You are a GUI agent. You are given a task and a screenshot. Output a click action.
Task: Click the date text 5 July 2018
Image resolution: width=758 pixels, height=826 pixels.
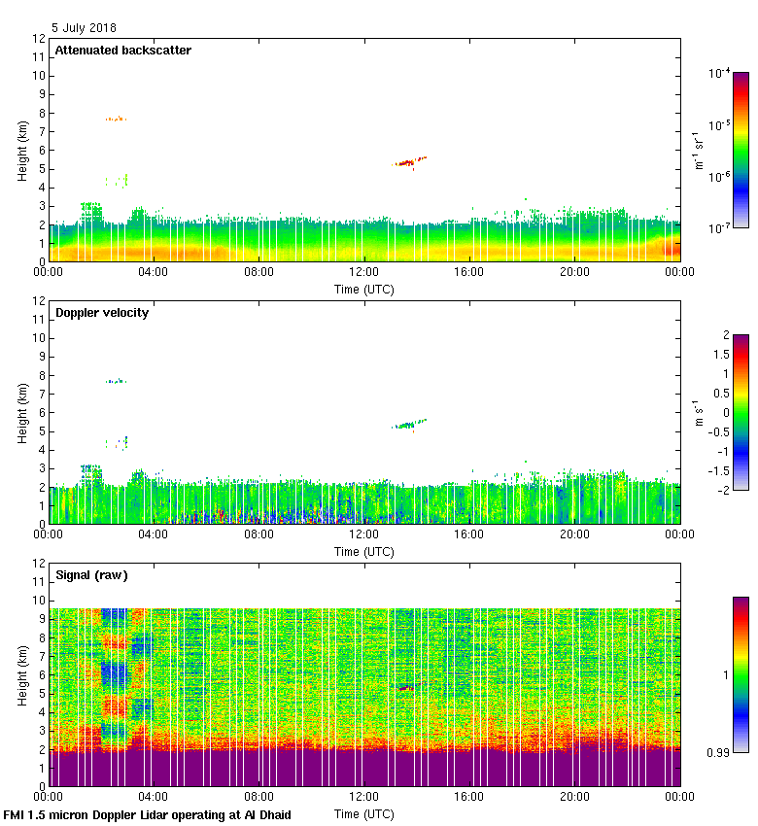85,28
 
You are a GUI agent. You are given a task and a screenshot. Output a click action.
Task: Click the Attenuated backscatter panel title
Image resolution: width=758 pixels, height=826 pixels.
122,51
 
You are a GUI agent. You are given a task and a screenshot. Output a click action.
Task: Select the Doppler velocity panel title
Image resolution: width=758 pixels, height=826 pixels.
101,313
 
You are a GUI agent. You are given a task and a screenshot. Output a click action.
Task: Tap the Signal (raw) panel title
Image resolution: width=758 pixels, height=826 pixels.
91,575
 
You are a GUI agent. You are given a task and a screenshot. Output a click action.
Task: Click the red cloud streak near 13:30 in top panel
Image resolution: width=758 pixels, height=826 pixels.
406,162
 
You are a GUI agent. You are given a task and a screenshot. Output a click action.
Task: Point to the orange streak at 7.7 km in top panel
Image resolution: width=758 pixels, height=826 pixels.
116,119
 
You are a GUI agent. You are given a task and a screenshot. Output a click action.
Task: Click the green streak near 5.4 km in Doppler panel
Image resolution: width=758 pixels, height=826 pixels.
409,424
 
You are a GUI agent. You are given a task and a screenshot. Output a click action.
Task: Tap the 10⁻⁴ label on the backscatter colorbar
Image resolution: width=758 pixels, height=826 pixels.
720,73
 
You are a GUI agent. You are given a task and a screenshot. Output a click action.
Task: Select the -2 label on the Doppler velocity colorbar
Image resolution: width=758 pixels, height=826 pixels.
725,489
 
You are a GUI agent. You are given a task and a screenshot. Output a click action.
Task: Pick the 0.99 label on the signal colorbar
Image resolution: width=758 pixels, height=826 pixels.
717,751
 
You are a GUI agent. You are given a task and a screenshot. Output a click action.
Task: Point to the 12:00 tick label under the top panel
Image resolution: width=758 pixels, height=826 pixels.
363,272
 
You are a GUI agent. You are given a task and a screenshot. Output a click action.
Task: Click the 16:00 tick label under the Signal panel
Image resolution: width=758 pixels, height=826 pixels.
468,797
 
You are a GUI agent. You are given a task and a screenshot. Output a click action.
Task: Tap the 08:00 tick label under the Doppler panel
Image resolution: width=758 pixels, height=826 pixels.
258,534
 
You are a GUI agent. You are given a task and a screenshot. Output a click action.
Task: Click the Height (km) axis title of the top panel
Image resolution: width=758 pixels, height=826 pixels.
21,151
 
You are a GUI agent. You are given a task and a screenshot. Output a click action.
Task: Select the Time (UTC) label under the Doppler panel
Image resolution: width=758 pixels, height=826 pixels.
363,551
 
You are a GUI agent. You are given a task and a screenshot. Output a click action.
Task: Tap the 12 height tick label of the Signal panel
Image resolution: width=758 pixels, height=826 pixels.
38,564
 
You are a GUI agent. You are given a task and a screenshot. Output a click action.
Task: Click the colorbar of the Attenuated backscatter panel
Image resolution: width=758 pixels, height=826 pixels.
741,150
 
